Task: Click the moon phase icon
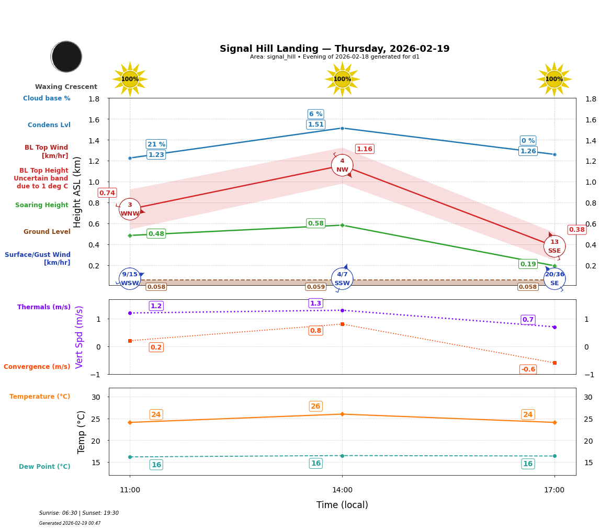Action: (66, 57)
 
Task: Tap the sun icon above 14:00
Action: (342, 79)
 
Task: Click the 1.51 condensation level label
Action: (315, 125)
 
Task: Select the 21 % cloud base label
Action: (156, 144)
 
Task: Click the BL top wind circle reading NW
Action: (342, 165)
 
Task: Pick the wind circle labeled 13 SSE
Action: (554, 246)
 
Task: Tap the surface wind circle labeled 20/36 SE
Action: (554, 278)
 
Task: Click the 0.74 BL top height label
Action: (107, 193)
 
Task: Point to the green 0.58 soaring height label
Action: (315, 223)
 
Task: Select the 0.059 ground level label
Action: (315, 287)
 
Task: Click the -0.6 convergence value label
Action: (528, 369)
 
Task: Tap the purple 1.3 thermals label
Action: (315, 303)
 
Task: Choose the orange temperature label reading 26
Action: (315, 406)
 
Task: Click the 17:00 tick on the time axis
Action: (554, 490)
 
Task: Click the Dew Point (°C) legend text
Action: (44, 467)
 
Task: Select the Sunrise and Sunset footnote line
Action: (79, 513)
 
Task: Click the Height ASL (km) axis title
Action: (77, 192)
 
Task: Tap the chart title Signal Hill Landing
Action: (334, 49)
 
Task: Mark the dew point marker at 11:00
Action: (130, 457)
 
